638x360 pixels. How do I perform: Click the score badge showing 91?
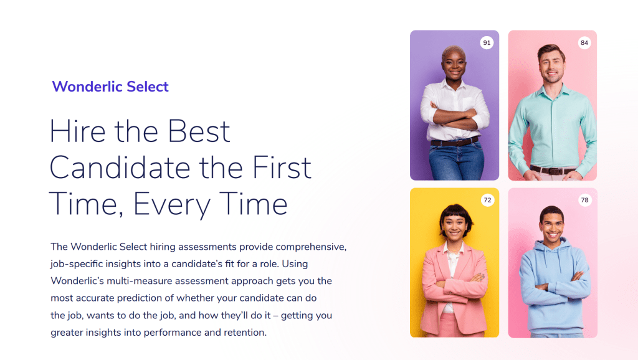487,43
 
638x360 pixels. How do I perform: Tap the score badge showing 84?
584,43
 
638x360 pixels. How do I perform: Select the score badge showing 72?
487,200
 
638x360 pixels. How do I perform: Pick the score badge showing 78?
584,200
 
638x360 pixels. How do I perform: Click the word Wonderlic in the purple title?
87,87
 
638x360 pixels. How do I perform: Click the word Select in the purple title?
147,87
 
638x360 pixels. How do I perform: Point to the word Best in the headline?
199,131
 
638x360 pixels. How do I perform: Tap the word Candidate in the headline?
120,168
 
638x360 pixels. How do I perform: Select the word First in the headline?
282,168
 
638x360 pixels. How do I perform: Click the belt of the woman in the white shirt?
454,143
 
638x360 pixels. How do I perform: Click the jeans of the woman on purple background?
457,162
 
